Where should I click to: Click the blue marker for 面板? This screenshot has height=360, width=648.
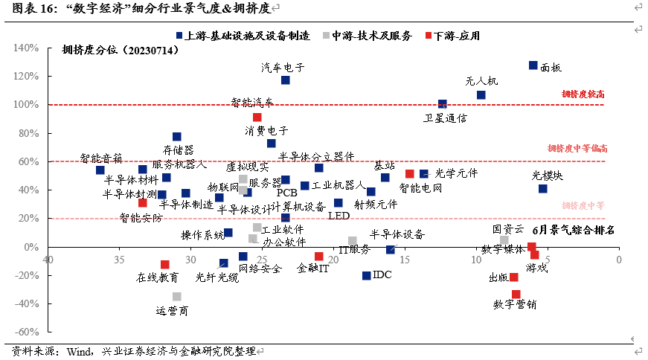533,65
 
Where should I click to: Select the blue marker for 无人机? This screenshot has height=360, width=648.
481,95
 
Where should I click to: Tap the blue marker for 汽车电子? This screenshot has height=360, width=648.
286,80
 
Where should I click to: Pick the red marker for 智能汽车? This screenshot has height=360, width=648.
257,117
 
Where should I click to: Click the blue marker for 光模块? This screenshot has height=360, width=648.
543,189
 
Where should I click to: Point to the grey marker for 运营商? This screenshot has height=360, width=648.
177,297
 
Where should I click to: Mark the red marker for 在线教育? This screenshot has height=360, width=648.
165,265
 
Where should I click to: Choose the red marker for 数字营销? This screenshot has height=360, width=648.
516,295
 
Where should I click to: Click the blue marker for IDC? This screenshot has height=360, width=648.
366,276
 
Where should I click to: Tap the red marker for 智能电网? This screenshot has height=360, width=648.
410,174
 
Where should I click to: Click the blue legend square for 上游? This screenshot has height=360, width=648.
179,35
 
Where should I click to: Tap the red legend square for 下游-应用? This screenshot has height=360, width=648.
427,35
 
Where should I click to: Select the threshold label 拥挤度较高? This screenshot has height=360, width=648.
583,94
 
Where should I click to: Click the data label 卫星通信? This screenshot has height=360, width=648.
446,118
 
